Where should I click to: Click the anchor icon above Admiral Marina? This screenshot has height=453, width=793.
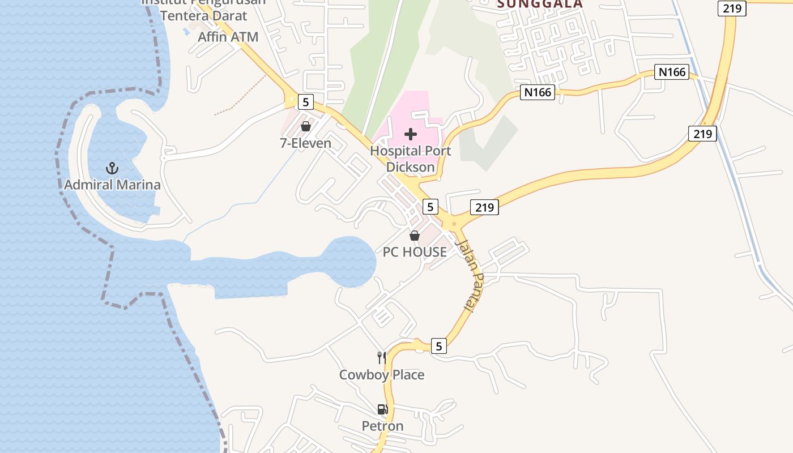click(x=112, y=168)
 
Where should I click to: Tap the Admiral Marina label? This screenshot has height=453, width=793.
click(x=112, y=185)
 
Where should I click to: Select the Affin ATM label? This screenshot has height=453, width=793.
click(x=228, y=37)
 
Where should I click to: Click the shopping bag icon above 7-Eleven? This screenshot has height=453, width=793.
click(x=306, y=126)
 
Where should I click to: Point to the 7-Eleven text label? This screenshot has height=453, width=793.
click(x=305, y=143)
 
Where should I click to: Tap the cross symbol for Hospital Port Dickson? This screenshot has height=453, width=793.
click(x=411, y=134)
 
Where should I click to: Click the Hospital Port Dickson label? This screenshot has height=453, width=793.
click(x=411, y=159)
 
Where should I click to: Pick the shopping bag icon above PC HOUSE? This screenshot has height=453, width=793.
click(x=415, y=236)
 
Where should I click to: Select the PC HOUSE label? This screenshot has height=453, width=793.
click(x=415, y=252)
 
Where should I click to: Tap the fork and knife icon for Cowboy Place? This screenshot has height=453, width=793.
click(x=382, y=357)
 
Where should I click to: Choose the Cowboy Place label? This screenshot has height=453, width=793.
click(x=382, y=375)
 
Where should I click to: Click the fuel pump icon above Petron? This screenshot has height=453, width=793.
click(x=383, y=409)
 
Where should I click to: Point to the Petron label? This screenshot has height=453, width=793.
click(x=383, y=426)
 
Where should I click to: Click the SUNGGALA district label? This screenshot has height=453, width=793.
click(x=540, y=5)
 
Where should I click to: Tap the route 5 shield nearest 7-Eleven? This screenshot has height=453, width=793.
click(x=306, y=102)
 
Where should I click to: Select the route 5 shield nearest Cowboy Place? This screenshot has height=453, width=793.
click(x=439, y=345)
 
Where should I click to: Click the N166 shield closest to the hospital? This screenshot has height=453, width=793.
click(x=537, y=92)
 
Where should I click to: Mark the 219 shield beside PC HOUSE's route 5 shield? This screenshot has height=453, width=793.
click(x=484, y=207)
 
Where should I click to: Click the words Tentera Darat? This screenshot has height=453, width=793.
click(x=204, y=15)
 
